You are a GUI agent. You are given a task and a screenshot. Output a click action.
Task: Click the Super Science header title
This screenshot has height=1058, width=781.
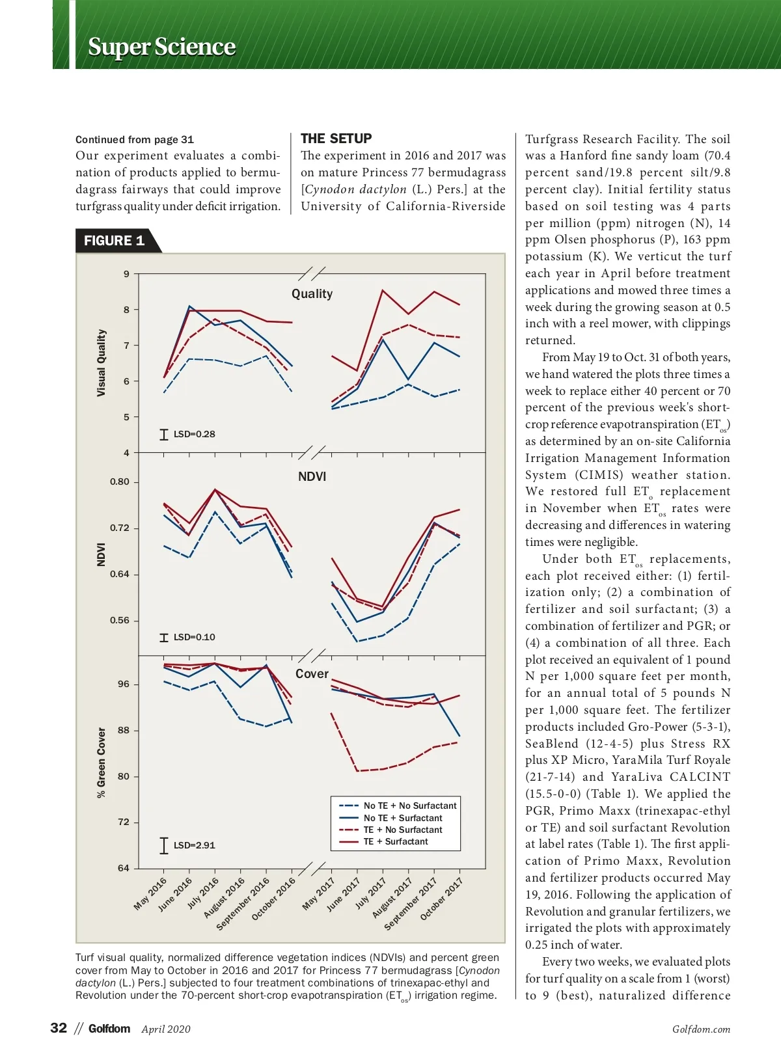(x=161, y=47)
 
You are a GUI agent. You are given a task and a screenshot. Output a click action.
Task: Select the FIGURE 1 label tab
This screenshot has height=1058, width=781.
(x=114, y=241)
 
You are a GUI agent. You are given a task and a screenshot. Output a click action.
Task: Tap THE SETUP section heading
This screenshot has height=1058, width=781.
(x=336, y=139)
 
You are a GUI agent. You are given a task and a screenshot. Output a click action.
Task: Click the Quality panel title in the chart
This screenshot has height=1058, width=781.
(x=312, y=293)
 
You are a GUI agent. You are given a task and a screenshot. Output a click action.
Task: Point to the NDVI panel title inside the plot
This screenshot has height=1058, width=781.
(x=312, y=476)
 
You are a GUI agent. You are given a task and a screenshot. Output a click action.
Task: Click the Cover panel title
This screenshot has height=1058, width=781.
(x=312, y=673)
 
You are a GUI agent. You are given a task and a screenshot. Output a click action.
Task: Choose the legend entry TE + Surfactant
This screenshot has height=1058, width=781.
(x=395, y=841)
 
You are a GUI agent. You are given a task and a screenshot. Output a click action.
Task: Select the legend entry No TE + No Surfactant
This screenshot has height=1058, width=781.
(x=409, y=806)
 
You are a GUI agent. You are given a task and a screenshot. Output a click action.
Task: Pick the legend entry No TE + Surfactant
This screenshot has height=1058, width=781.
(x=402, y=818)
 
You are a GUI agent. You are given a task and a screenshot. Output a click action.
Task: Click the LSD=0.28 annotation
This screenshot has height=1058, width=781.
(x=194, y=434)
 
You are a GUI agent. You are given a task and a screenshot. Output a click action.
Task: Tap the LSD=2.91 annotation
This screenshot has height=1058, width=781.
(x=194, y=845)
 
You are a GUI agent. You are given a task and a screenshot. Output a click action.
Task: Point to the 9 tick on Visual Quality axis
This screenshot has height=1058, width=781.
(x=126, y=274)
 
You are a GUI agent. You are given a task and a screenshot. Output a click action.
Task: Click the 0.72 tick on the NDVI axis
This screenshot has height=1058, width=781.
(x=120, y=528)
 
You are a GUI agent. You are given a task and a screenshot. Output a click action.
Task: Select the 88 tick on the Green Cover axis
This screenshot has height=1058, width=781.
(x=123, y=730)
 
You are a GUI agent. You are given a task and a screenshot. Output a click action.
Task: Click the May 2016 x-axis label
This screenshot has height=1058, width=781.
(x=150, y=893)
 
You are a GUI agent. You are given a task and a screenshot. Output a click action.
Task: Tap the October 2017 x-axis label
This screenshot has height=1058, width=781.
(x=441, y=899)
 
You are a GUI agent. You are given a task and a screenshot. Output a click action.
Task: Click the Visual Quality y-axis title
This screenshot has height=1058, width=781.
(x=101, y=362)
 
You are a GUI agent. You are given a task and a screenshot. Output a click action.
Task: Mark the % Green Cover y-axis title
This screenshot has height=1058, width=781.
(x=101, y=762)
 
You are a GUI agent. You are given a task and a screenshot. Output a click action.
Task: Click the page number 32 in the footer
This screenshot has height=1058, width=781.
(x=59, y=1027)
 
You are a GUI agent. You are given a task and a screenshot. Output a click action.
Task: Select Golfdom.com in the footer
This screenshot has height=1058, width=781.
(x=701, y=1029)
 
